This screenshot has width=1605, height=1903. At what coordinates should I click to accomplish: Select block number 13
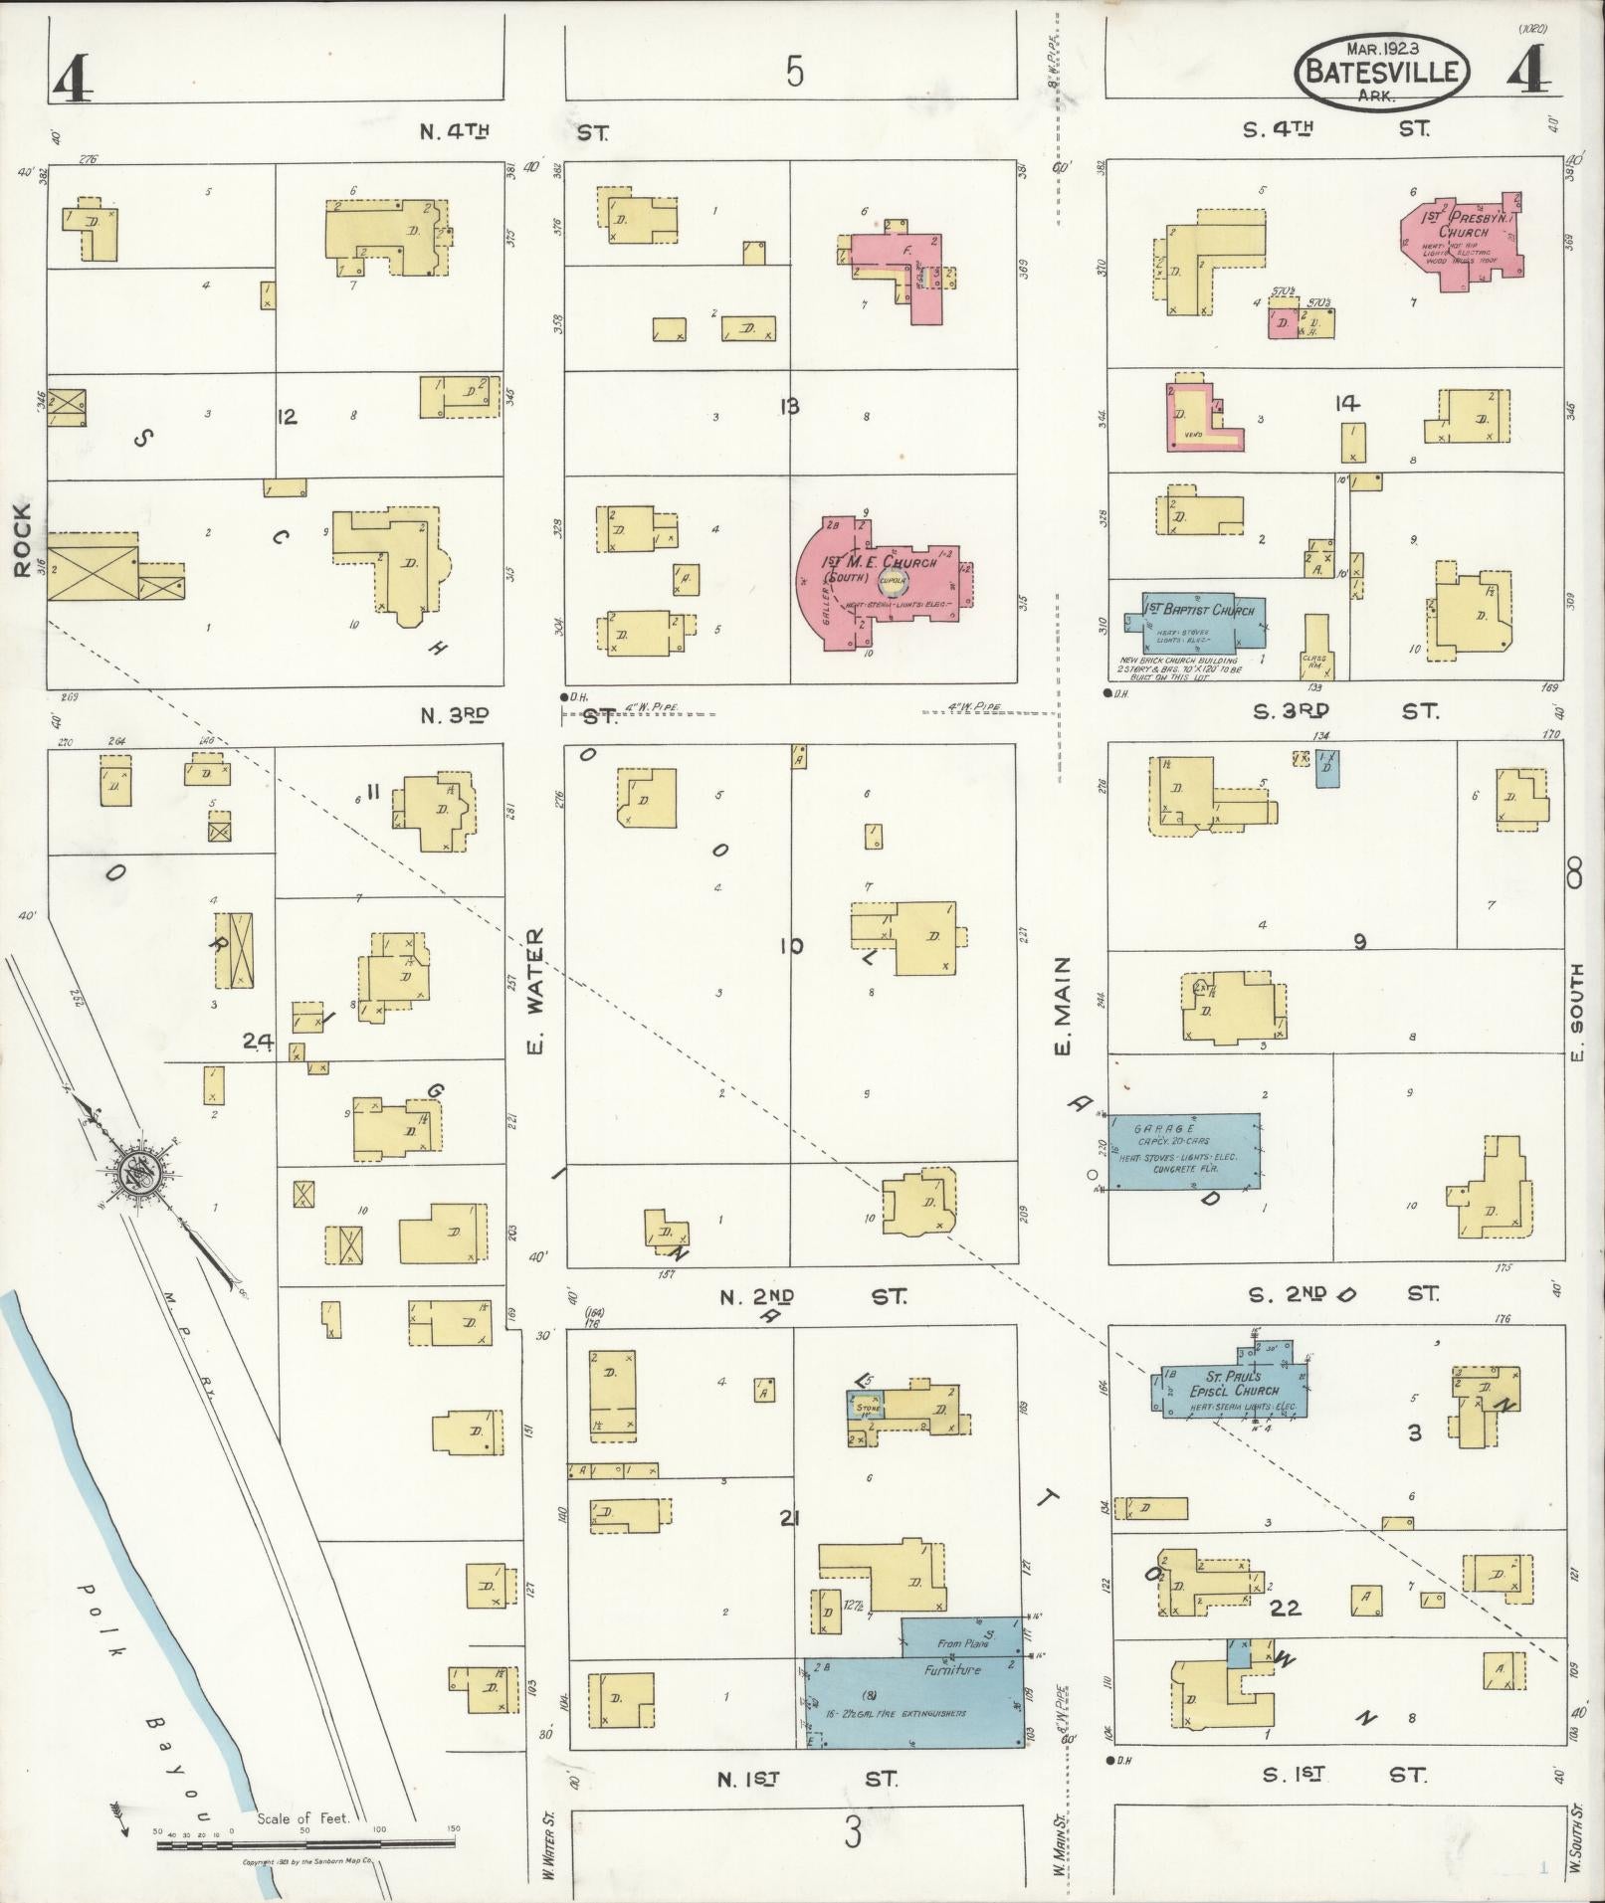pos(790,406)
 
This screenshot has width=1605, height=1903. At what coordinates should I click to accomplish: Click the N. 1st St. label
pos(806,1779)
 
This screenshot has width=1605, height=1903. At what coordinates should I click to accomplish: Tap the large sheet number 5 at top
pos(793,73)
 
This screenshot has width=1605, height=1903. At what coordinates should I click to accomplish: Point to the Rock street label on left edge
pos(22,539)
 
